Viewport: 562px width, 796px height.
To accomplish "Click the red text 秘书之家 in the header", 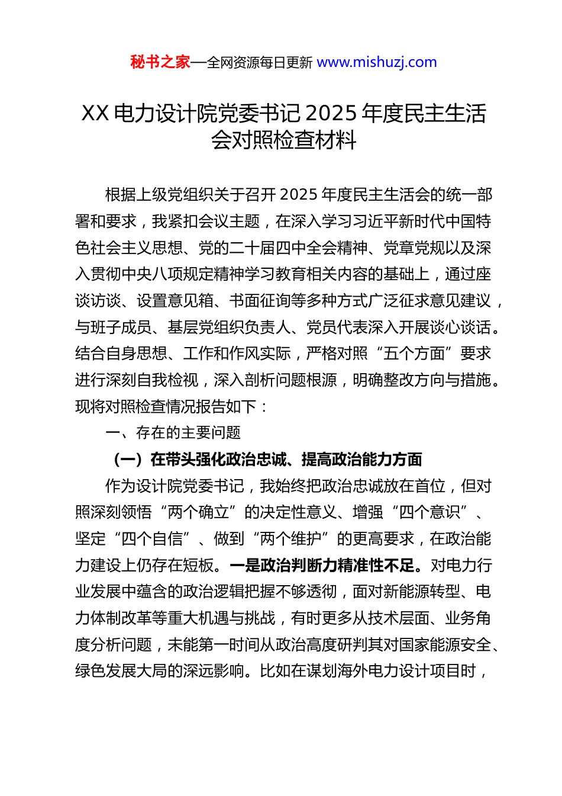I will click(160, 62).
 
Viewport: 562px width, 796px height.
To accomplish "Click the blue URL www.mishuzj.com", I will click(377, 62).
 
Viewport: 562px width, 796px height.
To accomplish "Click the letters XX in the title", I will click(95, 113).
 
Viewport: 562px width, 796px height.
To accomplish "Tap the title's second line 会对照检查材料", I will click(283, 140).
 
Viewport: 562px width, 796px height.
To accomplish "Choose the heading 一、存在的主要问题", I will click(173, 433).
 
